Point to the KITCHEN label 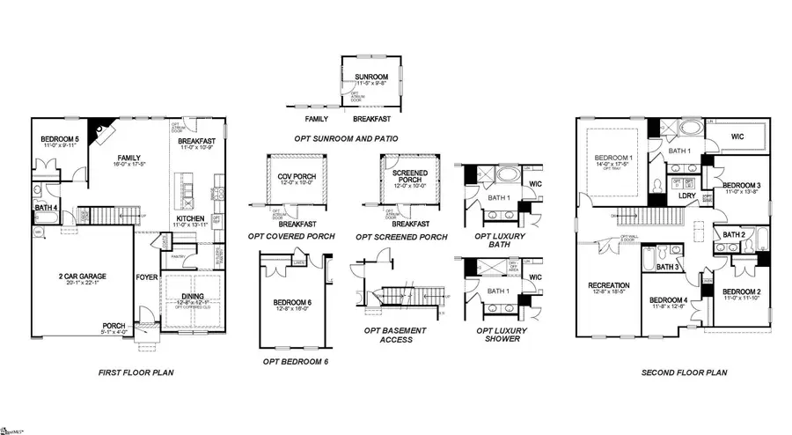(192, 217)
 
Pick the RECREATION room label (609, 285)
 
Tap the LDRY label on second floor (687, 195)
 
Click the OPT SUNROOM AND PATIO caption (346, 139)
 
